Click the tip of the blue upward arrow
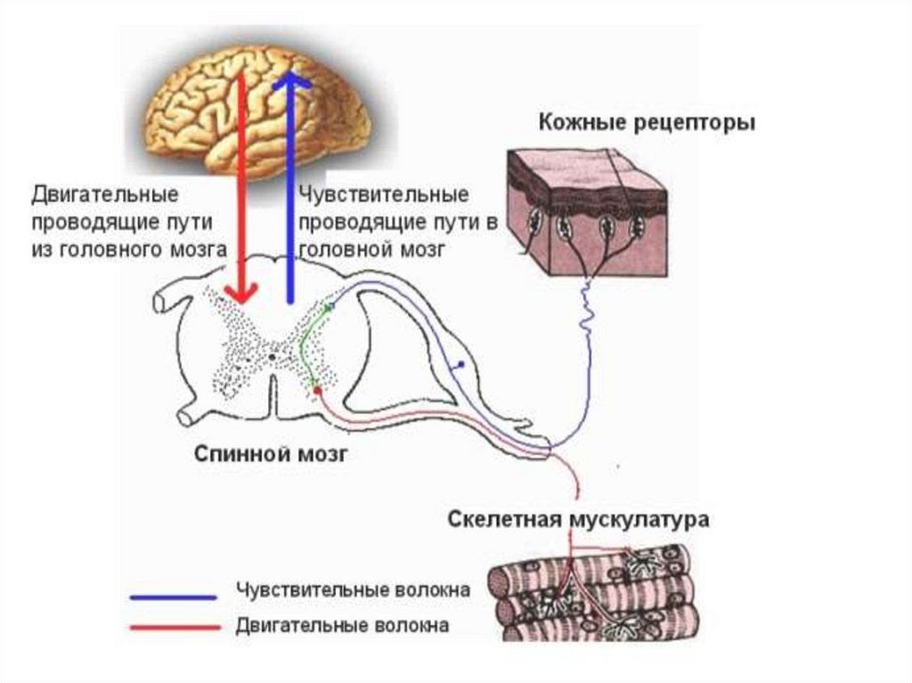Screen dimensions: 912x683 click(290, 75)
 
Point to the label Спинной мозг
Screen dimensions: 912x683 click(271, 454)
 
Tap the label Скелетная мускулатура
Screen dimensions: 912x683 click(579, 519)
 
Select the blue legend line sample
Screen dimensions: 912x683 click(173, 596)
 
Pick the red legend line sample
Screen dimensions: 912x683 click(173, 628)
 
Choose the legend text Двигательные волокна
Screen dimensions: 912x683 click(342, 626)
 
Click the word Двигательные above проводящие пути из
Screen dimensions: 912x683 click(105, 194)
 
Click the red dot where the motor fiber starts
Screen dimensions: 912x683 click(316, 389)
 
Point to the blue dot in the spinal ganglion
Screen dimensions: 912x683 click(460, 365)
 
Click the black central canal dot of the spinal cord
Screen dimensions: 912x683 click(271, 355)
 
